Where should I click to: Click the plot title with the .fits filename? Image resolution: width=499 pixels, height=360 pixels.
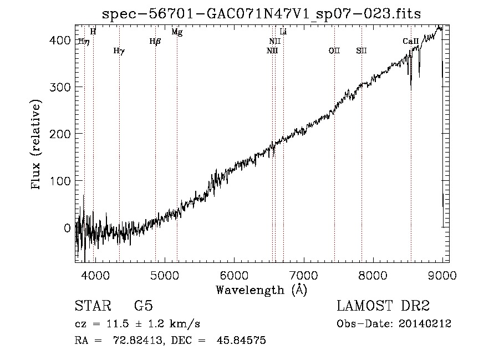point(261,14)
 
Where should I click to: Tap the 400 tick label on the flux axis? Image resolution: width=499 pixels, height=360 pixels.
point(60,40)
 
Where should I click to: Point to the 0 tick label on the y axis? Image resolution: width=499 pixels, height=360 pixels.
point(67,228)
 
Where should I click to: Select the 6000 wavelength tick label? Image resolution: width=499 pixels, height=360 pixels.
point(234,275)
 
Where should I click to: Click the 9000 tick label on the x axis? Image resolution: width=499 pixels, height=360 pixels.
point(442,275)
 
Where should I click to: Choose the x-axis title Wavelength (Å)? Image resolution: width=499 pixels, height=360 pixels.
point(262,290)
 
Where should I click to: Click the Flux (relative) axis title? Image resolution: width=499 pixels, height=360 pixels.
point(35,145)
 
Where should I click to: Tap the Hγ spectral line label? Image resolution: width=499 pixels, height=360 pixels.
point(119,51)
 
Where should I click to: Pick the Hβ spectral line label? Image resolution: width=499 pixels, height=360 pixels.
point(155,42)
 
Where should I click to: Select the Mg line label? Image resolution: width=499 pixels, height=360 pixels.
point(177,32)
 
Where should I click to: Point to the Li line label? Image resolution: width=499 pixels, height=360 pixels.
point(283,32)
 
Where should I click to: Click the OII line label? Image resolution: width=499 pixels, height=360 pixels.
point(334,50)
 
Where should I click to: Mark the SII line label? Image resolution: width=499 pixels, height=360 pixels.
point(361,50)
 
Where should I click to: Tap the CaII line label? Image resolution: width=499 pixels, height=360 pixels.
point(410,41)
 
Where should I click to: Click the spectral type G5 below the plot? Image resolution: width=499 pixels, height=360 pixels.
point(144,306)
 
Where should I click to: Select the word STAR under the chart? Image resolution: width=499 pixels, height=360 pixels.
point(93,306)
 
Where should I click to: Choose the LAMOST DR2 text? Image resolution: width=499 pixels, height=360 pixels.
point(383,306)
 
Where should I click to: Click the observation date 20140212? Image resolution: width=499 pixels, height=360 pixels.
point(425,324)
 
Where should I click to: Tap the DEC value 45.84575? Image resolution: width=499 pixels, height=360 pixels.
point(241,340)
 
